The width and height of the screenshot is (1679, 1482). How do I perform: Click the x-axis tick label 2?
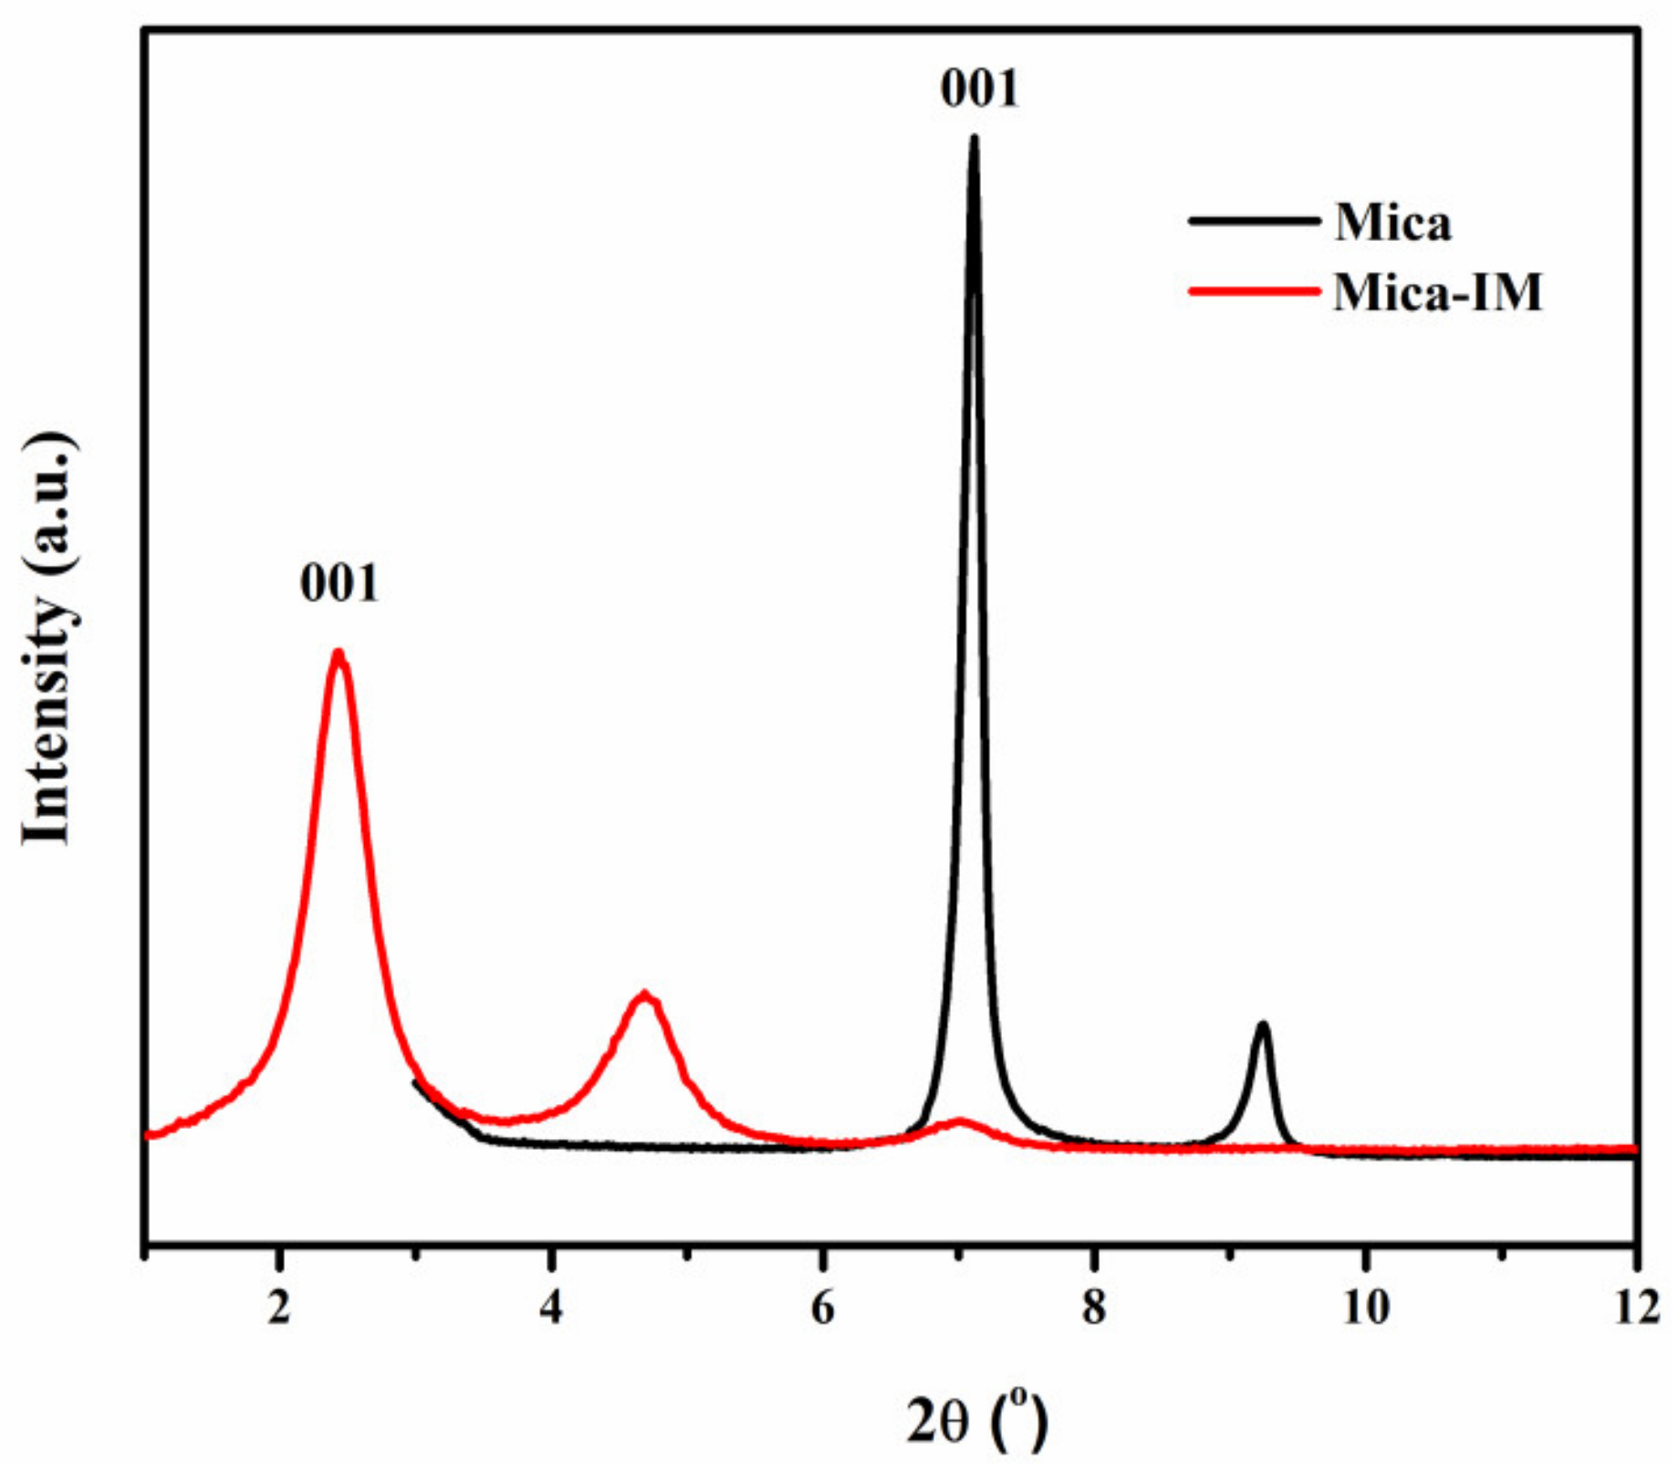pos(278,1310)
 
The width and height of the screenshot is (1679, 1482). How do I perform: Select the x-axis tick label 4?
pos(550,1310)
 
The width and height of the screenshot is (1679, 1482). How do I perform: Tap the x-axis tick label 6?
pos(822,1310)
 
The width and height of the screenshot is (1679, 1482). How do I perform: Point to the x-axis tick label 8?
pos(1094,1310)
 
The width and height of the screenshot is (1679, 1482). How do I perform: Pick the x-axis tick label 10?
pos(1365,1310)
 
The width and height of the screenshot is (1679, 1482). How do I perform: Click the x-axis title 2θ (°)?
pos(976,1422)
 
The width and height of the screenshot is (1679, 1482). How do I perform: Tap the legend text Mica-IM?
pos(1437,293)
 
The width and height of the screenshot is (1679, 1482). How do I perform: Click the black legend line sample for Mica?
pos(1254,221)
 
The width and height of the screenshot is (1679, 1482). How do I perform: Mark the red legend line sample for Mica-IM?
pos(1254,292)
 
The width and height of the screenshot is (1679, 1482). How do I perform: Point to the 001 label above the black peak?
pos(979,89)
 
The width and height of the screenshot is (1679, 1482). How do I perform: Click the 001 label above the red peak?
pos(339,583)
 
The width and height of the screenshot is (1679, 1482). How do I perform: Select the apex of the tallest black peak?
pos(974,138)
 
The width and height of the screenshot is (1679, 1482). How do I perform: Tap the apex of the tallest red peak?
pos(339,652)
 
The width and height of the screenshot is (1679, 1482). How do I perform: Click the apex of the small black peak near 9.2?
pos(1263,1024)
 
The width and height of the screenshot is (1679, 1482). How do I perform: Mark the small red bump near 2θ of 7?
pos(959,1120)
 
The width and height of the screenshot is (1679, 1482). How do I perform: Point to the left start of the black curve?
pos(414,1082)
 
